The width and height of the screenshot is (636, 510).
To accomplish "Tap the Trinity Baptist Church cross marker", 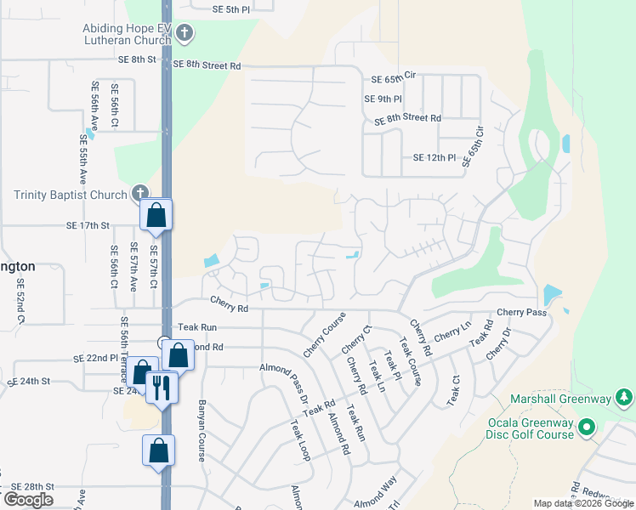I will pyautogui.click(x=140, y=194).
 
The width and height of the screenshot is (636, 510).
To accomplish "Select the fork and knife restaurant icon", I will pyautogui.click(x=160, y=388).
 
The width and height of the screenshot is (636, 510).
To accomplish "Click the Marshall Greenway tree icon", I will pyautogui.click(x=624, y=398).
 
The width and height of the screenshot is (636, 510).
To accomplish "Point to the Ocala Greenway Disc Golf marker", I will pyautogui.click(x=586, y=429).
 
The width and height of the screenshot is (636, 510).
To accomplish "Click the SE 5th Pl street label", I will pyautogui.click(x=232, y=9).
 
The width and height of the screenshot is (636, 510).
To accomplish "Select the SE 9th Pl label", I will pyautogui.click(x=383, y=99).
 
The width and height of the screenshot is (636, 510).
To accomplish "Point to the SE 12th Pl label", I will pyautogui.click(x=434, y=157).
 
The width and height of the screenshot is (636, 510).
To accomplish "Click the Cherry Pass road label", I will pyautogui.click(x=521, y=313).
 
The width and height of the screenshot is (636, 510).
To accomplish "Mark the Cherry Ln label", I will pyautogui.click(x=452, y=333).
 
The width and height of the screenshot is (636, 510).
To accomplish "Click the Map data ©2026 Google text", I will pyautogui.click(x=582, y=503).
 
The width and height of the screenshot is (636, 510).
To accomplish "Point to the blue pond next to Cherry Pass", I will pyautogui.click(x=551, y=295).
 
